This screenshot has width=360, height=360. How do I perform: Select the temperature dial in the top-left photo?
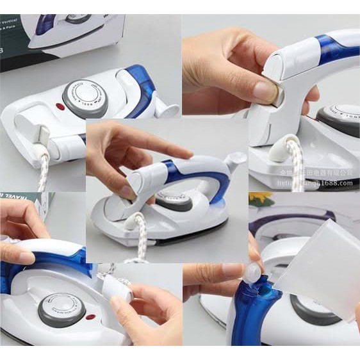85,98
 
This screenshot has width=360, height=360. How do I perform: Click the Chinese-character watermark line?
320,173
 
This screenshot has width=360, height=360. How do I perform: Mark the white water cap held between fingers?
255,272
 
